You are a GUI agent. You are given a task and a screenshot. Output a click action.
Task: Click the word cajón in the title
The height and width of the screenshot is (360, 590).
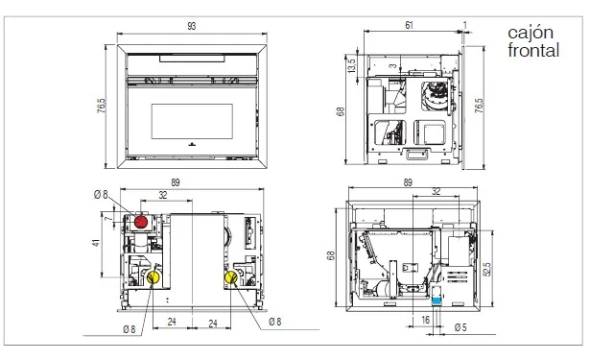(x=531, y=34)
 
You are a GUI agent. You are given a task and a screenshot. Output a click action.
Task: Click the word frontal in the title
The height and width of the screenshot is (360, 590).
(x=533, y=50)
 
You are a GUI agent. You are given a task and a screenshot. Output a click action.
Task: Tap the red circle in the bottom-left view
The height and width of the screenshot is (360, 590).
(x=141, y=222)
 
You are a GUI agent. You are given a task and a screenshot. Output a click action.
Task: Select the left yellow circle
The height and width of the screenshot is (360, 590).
(x=153, y=277)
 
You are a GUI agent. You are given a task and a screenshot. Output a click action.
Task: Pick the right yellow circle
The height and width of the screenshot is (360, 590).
(x=231, y=277)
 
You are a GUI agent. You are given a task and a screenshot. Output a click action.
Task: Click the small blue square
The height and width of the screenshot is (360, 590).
(x=437, y=301)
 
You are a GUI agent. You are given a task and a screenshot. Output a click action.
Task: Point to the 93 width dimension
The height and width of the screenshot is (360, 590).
(x=192, y=26)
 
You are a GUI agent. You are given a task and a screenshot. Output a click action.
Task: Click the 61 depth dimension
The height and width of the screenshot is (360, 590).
(x=410, y=25)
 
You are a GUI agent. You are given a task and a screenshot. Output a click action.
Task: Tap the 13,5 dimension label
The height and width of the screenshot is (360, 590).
(x=351, y=65)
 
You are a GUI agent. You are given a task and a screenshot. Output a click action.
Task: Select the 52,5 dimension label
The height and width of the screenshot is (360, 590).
(x=486, y=269)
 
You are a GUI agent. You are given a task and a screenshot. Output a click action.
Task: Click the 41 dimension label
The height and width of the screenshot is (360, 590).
(x=97, y=243)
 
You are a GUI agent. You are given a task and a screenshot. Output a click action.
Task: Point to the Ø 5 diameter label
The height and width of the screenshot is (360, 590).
(x=460, y=327)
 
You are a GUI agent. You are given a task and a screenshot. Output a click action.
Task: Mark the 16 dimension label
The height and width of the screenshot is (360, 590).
(x=426, y=320)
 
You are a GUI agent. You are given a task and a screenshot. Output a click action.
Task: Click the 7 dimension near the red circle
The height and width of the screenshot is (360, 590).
(x=108, y=219)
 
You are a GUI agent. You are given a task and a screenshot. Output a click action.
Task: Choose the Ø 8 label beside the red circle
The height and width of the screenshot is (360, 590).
(x=101, y=194)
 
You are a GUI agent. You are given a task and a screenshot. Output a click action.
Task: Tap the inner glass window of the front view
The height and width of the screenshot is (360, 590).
(x=192, y=121)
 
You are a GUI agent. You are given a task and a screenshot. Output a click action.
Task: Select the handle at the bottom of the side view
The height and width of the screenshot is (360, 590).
(x=417, y=154)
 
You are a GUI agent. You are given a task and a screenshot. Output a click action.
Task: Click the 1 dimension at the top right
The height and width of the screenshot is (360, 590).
(x=465, y=25)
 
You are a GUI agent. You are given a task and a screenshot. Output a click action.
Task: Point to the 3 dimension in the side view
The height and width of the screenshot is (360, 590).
(x=392, y=66)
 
